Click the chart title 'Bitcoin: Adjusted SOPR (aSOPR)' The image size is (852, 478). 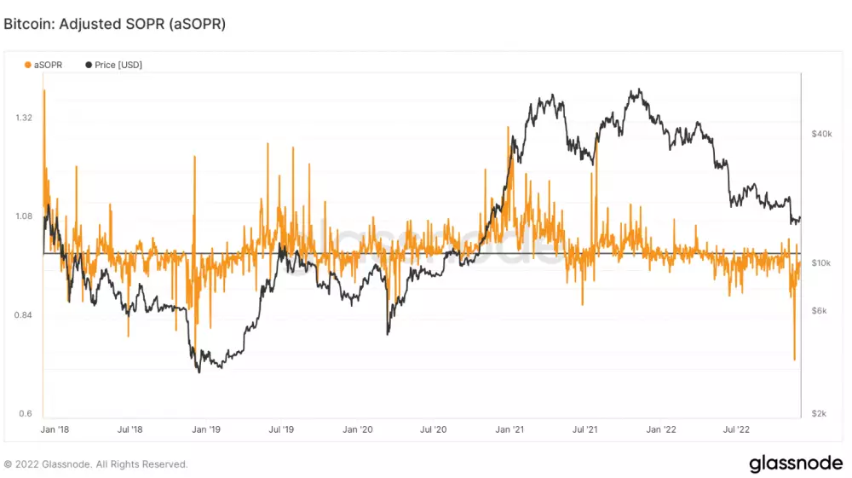(x=115, y=25)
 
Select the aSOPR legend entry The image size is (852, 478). (x=43, y=65)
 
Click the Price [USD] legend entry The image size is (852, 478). (x=113, y=65)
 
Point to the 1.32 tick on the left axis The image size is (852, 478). (x=24, y=117)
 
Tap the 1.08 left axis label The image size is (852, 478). (x=24, y=216)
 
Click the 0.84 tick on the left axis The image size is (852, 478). (x=24, y=314)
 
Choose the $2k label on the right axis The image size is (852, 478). (x=819, y=413)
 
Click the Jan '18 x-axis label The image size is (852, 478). (x=55, y=430)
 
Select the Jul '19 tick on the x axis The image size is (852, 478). (x=282, y=430)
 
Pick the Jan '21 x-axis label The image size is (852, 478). (x=509, y=430)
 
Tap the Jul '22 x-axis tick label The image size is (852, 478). (x=736, y=430)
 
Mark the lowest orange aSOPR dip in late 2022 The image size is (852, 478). (x=795, y=359)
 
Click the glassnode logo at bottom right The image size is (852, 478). (x=795, y=464)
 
